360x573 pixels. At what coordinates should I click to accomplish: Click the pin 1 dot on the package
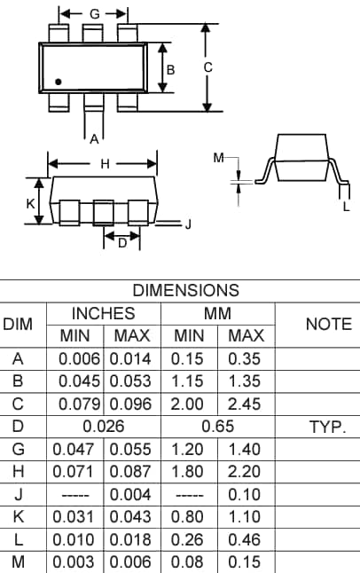pyautogui.click(x=59, y=82)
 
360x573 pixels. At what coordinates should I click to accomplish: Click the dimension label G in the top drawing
pyautogui.click(x=95, y=14)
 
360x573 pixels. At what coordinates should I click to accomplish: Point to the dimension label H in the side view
pyautogui.click(x=105, y=164)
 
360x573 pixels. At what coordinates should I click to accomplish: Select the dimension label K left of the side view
pyautogui.click(x=30, y=203)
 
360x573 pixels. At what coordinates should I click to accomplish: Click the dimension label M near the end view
pyautogui.click(x=219, y=158)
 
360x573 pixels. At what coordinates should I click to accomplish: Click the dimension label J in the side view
pyautogui.click(x=188, y=224)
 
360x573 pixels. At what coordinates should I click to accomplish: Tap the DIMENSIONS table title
pyautogui.click(x=185, y=290)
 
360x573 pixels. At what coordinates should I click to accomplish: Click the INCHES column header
pyautogui.click(x=103, y=313)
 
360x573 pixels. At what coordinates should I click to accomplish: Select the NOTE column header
pyautogui.click(x=328, y=325)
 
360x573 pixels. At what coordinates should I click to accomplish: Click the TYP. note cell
pyautogui.click(x=327, y=427)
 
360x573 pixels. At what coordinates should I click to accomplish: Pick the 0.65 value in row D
pyautogui.click(x=217, y=427)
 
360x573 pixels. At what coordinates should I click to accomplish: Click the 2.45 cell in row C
pyautogui.click(x=246, y=404)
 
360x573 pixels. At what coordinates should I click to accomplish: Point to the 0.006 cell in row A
pyautogui.click(x=79, y=358)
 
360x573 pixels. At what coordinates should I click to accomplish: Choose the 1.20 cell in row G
pyautogui.click(x=189, y=450)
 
